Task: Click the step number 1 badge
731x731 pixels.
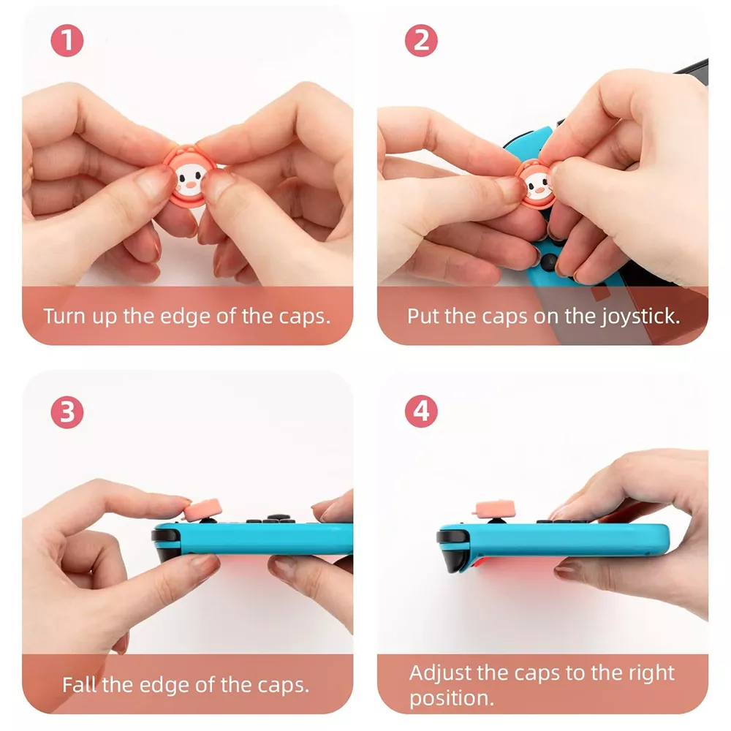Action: click(x=67, y=40)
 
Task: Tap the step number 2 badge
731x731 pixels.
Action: click(x=421, y=40)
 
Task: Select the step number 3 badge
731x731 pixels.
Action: click(x=67, y=412)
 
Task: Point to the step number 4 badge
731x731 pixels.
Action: click(x=421, y=411)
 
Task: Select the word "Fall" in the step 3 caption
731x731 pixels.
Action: click(x=79, y=685)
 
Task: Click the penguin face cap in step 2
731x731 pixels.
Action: click(x=536, y=183)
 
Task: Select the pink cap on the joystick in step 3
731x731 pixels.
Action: click(x=202, y=510)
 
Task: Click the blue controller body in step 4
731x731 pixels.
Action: click(x=559, y=540)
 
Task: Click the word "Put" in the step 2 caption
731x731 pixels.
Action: click(x=423, y=316)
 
